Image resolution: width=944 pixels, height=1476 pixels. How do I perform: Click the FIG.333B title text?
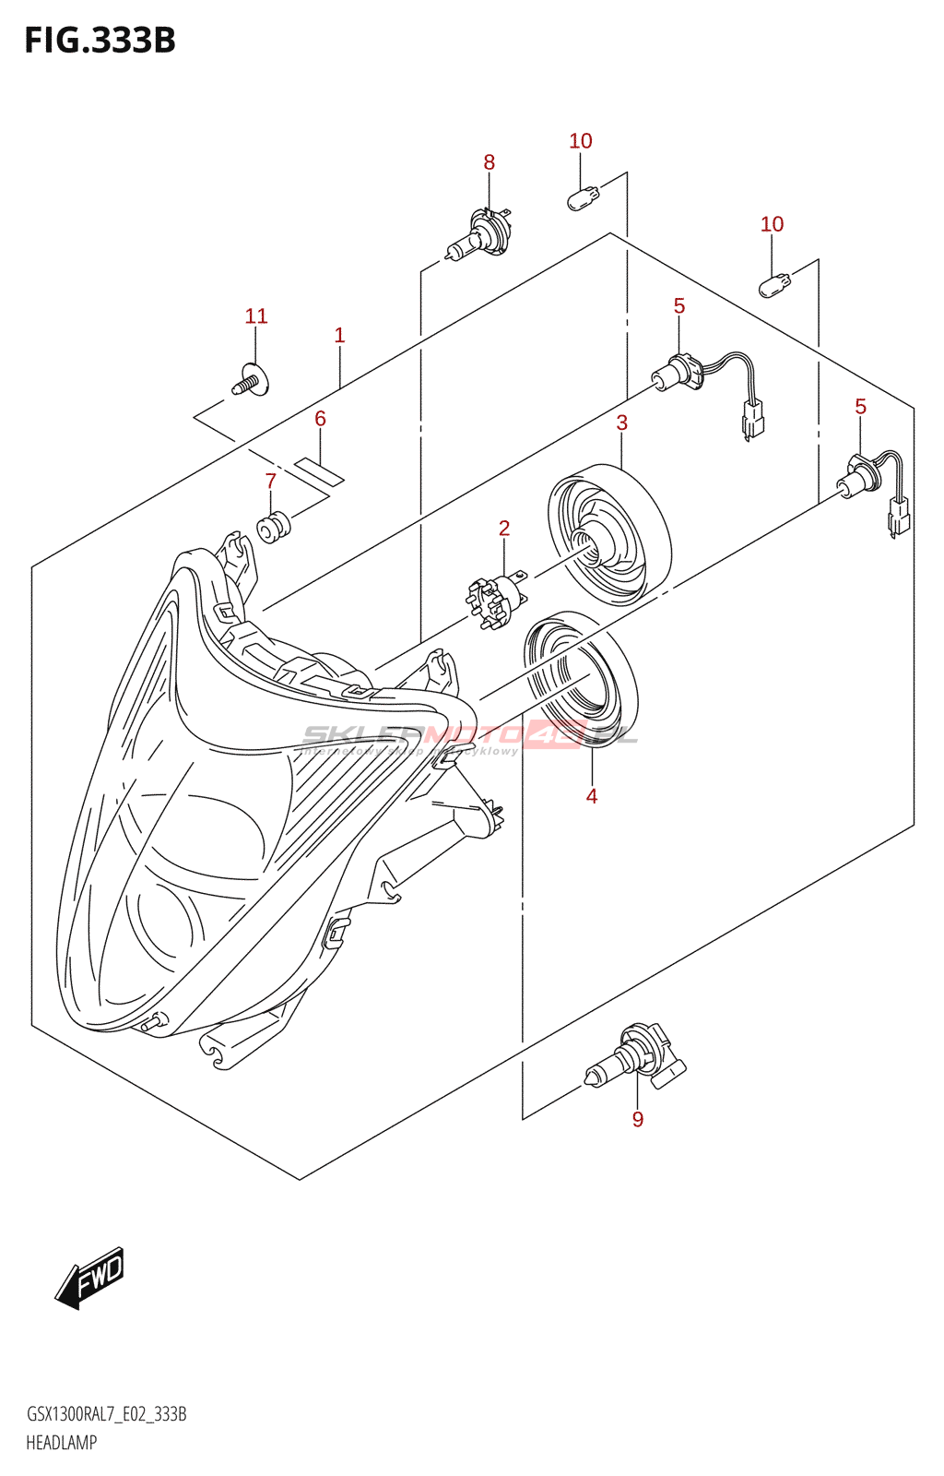(100, 41)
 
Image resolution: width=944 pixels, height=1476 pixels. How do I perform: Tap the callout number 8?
(489, 162)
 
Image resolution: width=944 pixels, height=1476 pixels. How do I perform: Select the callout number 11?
(256, 316)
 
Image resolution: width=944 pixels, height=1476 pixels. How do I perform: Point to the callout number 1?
(339, 335)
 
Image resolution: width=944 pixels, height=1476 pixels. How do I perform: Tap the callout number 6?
(320, 419)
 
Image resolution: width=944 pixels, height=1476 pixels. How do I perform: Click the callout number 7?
(271, 482)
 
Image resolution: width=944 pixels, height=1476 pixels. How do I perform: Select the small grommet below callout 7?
(273, 528)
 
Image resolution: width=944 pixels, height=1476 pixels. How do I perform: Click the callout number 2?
(504, 529)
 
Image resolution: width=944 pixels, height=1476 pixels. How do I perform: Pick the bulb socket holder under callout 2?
(496, 600)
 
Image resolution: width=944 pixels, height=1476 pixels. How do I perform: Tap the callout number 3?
(622, 423)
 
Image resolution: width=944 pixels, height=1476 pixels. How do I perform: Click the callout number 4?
(592, 796)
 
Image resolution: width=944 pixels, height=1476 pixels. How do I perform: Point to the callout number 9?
(638, 1120)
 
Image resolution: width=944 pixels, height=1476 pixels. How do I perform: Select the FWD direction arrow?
(89, 1278)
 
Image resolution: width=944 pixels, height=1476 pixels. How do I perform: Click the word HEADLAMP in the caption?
(61, 1443)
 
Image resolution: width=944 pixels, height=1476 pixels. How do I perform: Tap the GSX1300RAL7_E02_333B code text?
(107, 1414)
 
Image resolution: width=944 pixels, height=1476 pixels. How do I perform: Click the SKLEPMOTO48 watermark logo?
(470, 736)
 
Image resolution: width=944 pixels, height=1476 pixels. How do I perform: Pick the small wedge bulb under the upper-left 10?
(583, 197)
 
